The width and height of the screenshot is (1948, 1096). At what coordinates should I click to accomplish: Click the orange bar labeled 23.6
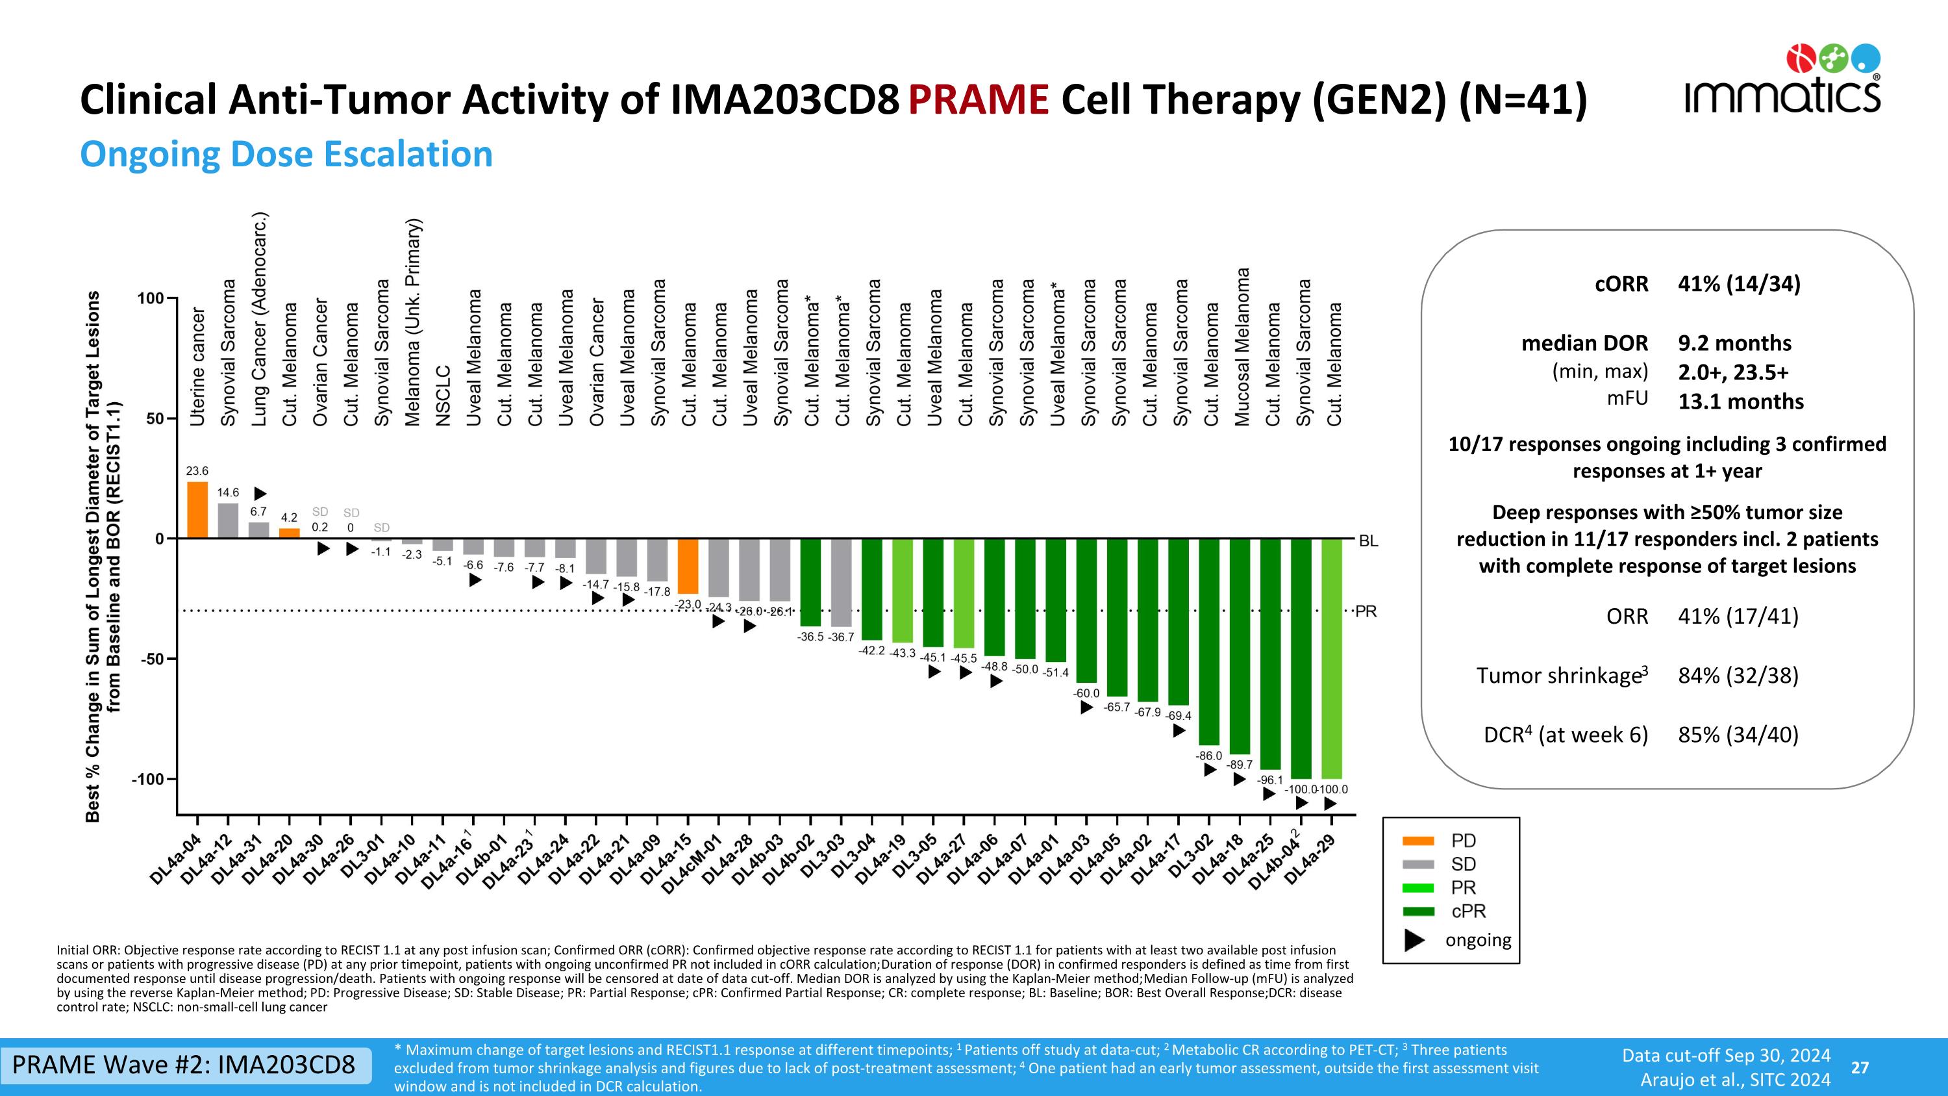[x=197, y=509]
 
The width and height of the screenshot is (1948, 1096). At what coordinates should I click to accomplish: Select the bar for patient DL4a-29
[x=1332, y=658]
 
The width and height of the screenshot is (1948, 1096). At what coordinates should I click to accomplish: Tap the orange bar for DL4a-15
[x=688, y=566]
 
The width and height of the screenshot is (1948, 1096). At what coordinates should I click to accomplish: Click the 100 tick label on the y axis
[x=151, y=298]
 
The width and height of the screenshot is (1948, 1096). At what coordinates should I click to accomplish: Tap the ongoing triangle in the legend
[x=1415, y=940]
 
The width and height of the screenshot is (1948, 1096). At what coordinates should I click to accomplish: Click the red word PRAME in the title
[x=979, y=100]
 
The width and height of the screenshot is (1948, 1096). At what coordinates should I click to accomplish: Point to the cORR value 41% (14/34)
[x=1738, y=284]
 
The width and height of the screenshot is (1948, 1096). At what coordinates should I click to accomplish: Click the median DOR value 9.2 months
[x=1734, y=344]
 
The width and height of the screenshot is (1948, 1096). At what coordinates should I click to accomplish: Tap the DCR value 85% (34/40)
[x=1738, y=734]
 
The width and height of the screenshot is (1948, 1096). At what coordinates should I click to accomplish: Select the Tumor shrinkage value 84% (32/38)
[x=1738, y=676]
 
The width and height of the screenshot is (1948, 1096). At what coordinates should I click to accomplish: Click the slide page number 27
[x=1860, y=1067]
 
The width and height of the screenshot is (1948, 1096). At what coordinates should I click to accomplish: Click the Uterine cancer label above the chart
[x=197, y=366]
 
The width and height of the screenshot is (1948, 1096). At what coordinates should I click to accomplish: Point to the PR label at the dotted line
[x=1366, y=612]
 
